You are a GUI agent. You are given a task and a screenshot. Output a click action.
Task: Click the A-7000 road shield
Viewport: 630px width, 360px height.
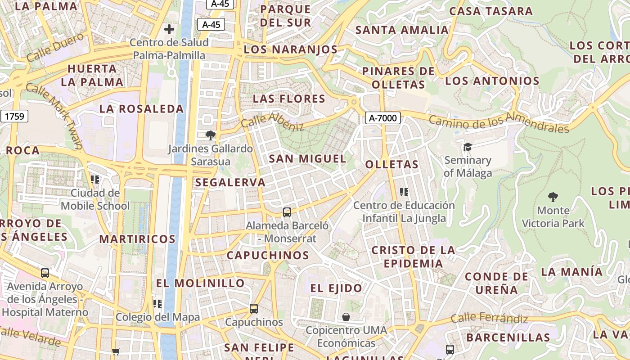[382, 118]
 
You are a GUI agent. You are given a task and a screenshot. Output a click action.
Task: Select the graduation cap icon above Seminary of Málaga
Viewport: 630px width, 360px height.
[468, 147]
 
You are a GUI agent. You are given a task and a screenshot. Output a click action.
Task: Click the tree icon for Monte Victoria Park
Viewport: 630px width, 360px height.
[553, 197]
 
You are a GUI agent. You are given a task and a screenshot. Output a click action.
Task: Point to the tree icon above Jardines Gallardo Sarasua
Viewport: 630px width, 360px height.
[210, 135]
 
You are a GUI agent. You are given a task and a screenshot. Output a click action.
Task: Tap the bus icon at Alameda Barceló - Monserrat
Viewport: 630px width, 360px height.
[287, 212]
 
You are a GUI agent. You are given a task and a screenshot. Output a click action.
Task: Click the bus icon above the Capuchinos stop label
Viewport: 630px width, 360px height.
[254, 309]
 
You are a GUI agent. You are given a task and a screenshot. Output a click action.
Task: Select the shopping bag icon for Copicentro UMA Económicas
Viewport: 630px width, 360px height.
[346, 317]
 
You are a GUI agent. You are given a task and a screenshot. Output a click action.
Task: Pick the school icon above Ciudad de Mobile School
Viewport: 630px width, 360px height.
[94, 180]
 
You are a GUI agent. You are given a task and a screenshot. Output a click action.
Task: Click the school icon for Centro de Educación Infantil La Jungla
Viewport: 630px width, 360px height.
[404, 192]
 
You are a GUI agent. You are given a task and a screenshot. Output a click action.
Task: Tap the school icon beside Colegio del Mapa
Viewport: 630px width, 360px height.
[157, 304]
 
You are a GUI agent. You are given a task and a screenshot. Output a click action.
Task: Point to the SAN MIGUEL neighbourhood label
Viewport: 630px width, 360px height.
[307, 158]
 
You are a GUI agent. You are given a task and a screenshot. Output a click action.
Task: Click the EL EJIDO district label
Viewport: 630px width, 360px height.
[336, 288]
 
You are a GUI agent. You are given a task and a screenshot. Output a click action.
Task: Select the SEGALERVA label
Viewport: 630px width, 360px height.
[230, 182]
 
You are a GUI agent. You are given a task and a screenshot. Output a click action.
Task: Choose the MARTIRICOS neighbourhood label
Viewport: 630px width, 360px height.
[137, 239]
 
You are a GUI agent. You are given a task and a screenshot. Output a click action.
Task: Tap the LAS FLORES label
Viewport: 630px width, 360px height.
[289, 99]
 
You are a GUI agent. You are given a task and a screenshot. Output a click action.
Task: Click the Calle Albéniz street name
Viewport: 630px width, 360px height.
[273, 121]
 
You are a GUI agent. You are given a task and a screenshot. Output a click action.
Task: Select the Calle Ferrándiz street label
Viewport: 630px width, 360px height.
[489, 319]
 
